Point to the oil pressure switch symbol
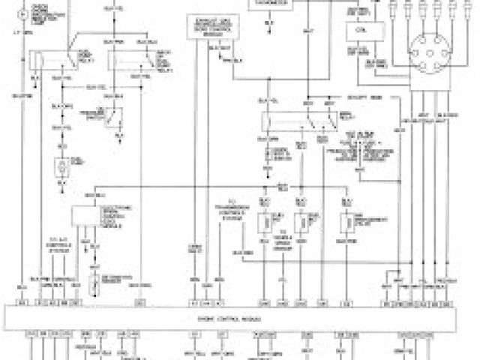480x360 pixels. (114, 115)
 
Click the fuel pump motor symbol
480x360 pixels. (61, 166)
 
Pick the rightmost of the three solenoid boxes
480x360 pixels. (346, 223)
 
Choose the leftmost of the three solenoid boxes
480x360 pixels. (264, 223)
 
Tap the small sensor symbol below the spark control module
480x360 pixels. (94, 283)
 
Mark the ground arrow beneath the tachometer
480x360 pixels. (268, 25)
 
